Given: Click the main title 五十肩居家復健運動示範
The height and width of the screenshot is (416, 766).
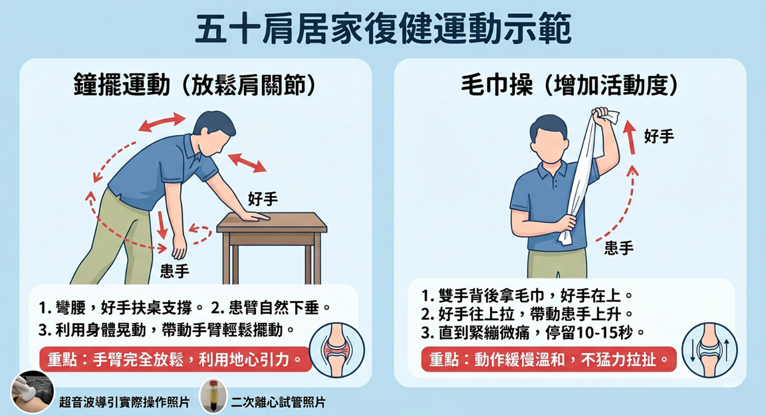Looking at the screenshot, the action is click(383, 29).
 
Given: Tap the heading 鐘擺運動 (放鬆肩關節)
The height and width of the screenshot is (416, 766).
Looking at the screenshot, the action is click(194, 85).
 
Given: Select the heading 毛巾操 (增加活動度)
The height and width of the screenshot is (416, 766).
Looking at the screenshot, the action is click(570, 85).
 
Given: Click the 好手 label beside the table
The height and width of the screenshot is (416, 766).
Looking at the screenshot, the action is click(263, 199).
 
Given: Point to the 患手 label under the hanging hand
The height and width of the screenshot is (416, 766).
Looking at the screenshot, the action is click(174, 271).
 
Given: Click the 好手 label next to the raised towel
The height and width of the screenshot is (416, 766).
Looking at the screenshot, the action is click(659, 136).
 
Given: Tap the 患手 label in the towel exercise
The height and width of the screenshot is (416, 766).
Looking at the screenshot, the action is click(619, 248).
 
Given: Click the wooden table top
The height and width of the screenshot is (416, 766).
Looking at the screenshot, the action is click(272, 222).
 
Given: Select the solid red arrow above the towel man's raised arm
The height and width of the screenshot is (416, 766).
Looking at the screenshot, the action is click(630, 137).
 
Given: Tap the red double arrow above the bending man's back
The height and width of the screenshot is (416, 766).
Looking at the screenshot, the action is click(162, 122).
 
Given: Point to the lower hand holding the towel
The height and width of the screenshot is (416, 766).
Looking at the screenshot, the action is click(567, 223).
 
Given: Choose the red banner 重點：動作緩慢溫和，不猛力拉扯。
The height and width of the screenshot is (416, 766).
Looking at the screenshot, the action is click(549, 360).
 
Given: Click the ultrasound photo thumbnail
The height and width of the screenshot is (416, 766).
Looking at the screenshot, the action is click(32, 392).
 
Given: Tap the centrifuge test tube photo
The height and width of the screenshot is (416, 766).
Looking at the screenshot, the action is click(213, 395).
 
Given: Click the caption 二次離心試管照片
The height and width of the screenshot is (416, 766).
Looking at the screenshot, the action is click(277, 402).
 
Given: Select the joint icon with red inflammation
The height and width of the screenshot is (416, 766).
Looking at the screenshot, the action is click(336, 350).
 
